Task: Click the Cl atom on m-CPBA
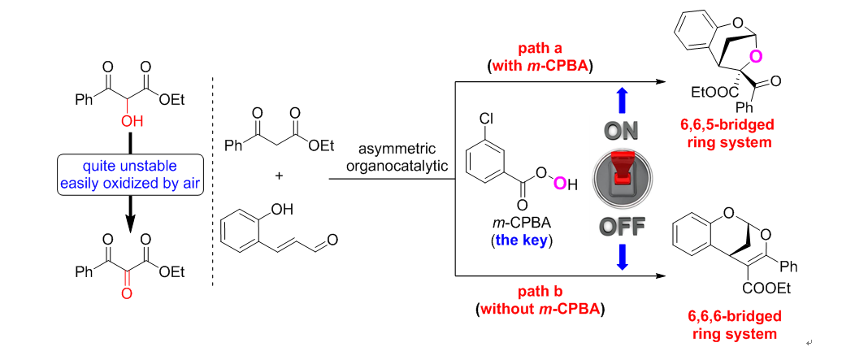tap(485, 119)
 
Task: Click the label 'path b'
tap(539, 291)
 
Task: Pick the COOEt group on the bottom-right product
tap(766, 288)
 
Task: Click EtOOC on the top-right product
tap(708, 93)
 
